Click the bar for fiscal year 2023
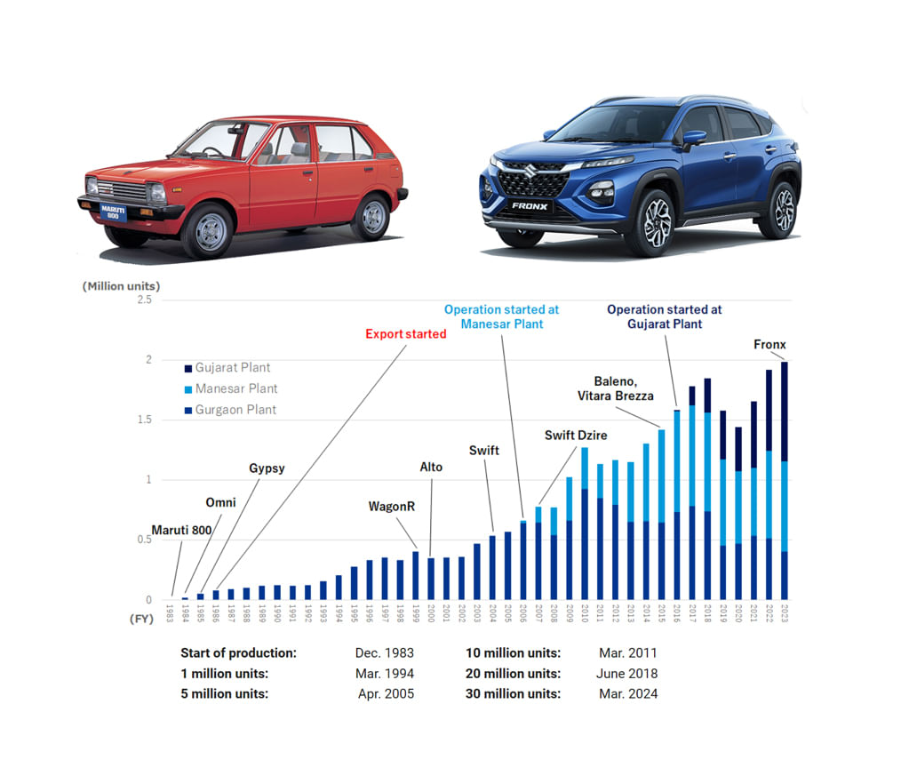click(x=785, y=480)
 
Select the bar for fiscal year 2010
click(x=585, y=524)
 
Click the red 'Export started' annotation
click(x=406, y=334)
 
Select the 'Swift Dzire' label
click(x=571, y=436)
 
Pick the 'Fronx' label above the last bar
click(x=769, y=344)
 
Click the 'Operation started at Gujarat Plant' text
click(x=665, y=316)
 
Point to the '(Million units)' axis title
click(x=122, y=286)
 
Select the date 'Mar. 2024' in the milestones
click(x=628, y=693)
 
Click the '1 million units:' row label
click(x=224, y=673)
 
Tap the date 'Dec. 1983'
click(x=385, y=652)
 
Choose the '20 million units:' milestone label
click(x=513, y=673)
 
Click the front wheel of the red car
click(x=207, y=229)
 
